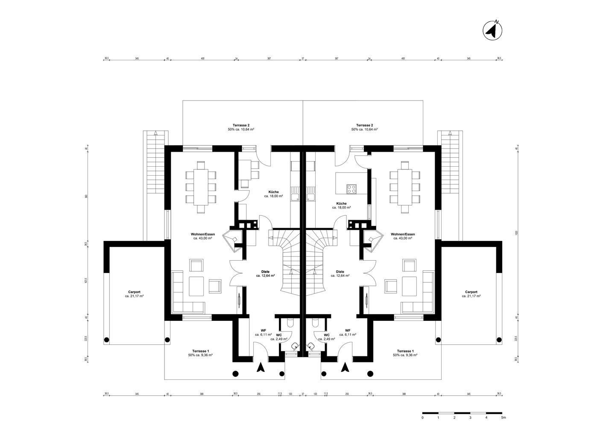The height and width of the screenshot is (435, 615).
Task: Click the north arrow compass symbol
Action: click(492, 30)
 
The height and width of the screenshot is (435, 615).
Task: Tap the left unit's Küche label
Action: click(274, 191)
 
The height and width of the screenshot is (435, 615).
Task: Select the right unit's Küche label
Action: click(341, 203)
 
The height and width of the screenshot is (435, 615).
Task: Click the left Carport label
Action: click(134, 292)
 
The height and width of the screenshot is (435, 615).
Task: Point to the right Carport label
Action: click(471, 292)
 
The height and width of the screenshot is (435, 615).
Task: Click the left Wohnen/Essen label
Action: click(203, 234)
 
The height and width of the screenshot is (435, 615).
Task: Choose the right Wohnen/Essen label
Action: click(403, 234)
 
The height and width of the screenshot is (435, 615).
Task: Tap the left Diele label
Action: click(265, 271)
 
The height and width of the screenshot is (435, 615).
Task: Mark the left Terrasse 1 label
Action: click(200, 350)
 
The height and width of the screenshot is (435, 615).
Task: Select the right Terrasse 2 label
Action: click(364, 125)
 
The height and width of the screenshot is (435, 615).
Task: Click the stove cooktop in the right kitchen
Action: click(352, 188)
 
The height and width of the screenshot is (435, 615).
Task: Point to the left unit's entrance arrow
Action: click(260, 367)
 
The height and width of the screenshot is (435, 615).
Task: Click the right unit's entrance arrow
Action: click(345, 367)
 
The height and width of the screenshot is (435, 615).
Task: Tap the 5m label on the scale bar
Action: click(503, 418)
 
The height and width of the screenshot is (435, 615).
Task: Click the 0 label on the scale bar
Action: click(422, 418)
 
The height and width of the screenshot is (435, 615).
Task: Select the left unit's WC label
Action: click(279, 335)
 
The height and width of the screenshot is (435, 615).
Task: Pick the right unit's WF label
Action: click(348, 331)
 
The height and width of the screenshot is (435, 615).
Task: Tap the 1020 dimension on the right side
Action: click(516, 233)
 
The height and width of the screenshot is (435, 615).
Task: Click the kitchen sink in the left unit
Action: click(295, 197)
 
